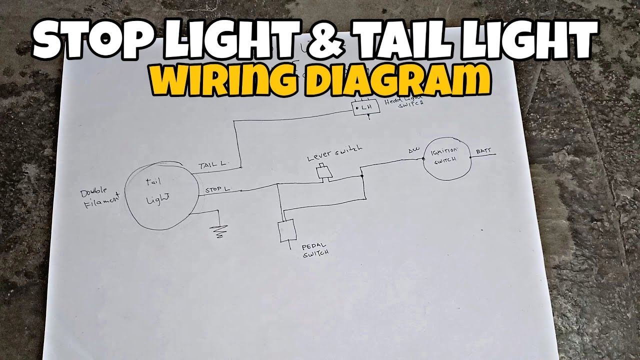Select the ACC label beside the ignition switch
[413, 149]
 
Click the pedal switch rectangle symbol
[287, 230]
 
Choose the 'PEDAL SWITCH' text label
[315, 250]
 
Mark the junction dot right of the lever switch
[361, 176]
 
